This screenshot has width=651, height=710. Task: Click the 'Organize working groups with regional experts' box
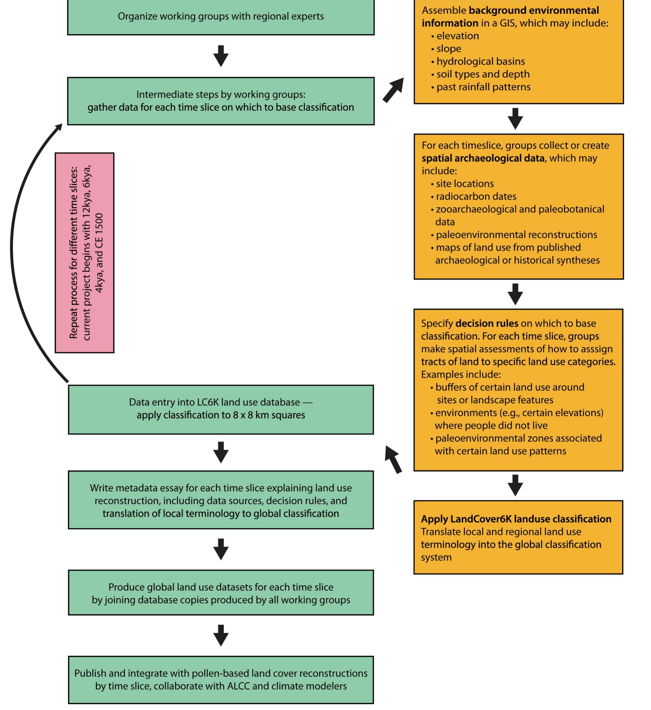(221, 17)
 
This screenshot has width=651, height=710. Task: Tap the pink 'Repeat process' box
(85, 252)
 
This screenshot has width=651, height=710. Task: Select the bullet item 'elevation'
(457, 36)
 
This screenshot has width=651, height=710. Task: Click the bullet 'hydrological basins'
(480, 61)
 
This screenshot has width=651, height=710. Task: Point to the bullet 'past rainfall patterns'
(483, 87)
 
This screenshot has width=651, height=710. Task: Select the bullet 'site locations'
(465, 184)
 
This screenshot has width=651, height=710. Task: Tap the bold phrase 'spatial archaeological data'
(483, 158)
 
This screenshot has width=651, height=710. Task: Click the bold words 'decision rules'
(487, 323)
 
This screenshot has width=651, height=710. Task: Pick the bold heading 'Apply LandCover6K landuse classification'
(516, 519)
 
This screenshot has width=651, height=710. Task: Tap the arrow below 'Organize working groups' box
(221, 55)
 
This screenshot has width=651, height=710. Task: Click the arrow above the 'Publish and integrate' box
(221, 635)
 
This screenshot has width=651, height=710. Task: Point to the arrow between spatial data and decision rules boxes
(515, 294)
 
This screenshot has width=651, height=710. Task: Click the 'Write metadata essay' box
(221, 500)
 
